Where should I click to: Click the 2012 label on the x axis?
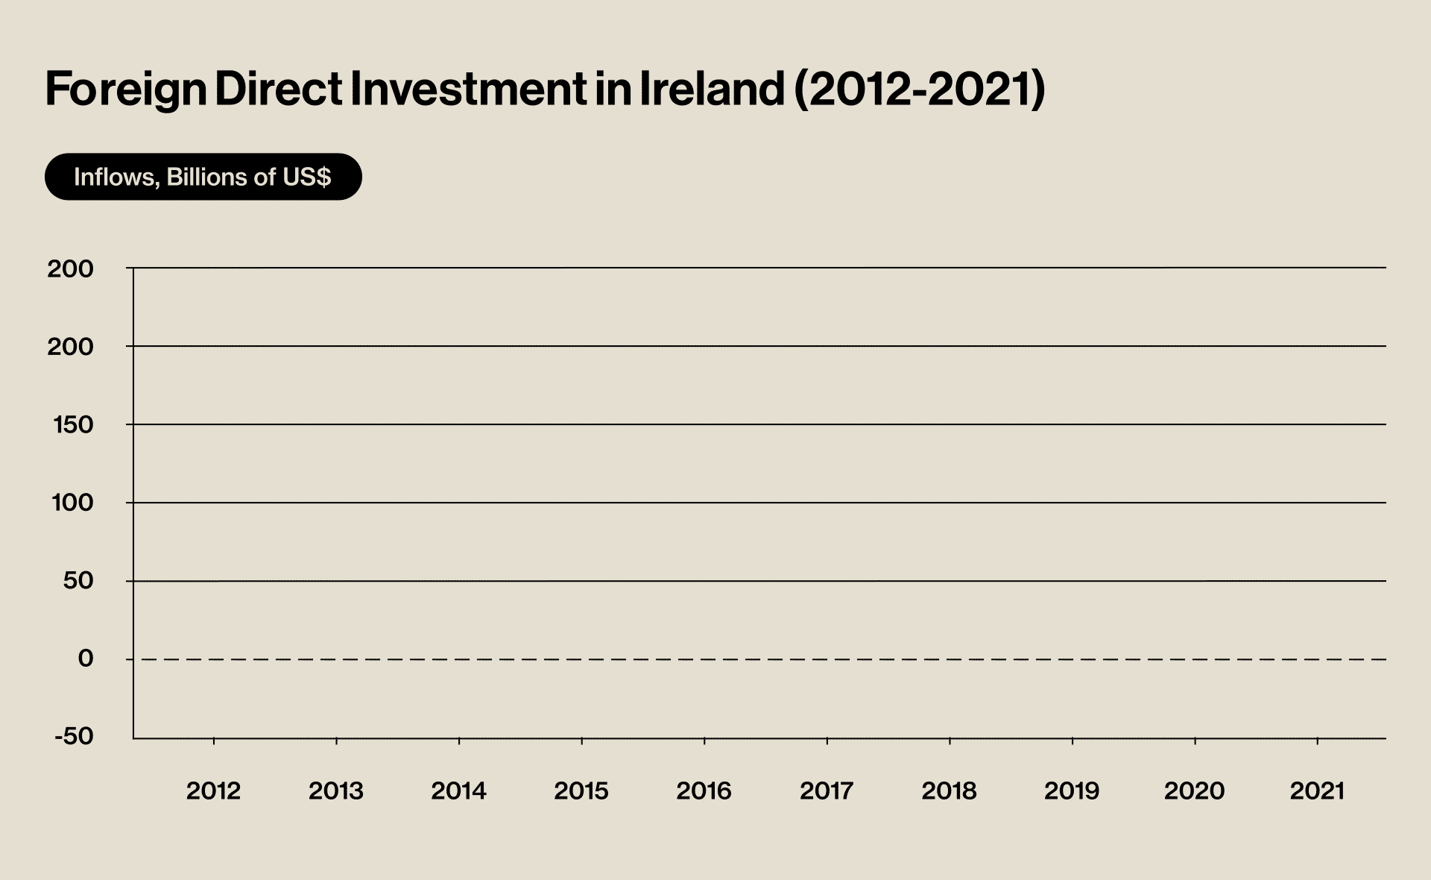tap(213, 791)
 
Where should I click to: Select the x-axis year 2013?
tap(336, 791)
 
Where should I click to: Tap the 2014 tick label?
tap(458, 791)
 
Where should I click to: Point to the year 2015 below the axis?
tap(581, 791)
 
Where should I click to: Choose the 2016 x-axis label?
tap(704, 791)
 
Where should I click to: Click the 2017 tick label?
tap(827, 791)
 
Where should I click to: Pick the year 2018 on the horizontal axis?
tap(949, 791)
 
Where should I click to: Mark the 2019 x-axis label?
tap(1072, 791)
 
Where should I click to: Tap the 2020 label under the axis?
tap(1194, 791)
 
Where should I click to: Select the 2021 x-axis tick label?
tap(1317, 791)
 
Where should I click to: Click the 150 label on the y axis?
tap(73, 425)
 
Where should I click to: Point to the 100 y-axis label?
tap(73, 503)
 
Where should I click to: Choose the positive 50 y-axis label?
tap(78, 580)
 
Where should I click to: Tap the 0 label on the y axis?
tap(86, 659)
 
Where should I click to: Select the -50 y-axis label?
tap(74, 736)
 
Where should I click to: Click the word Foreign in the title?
tap(125, 89)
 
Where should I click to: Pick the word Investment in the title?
tap(468, 89)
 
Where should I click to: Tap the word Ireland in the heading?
tap(712, 89)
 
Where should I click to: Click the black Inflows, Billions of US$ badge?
tap(203, 177)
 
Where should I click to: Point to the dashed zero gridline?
tap(745, 659)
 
